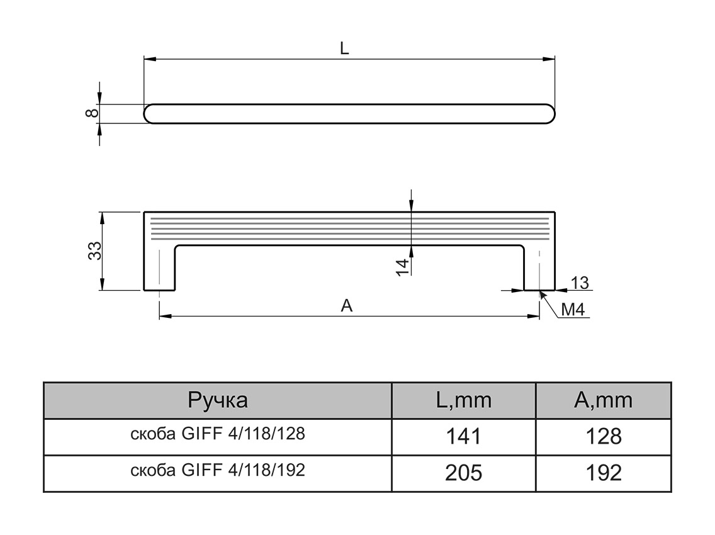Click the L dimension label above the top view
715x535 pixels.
click(x=344, y=48)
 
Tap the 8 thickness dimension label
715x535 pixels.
click(x=92, y=113)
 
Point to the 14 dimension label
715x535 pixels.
click(x=403, y=266)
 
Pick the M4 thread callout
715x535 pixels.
click(x=573, y=310)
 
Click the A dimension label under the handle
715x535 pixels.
click(x=346, y=306)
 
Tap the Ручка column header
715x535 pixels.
click(x=218, y=400)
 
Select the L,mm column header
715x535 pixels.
click(x=463, y=400)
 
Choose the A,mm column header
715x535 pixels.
click(x=603, y=400)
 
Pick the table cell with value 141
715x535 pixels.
click(x=463, y=436)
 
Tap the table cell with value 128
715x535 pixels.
click(x=603, y=436)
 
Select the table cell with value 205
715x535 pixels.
click(x=463, y=473)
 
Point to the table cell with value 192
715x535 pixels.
click(x=603, y=473)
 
